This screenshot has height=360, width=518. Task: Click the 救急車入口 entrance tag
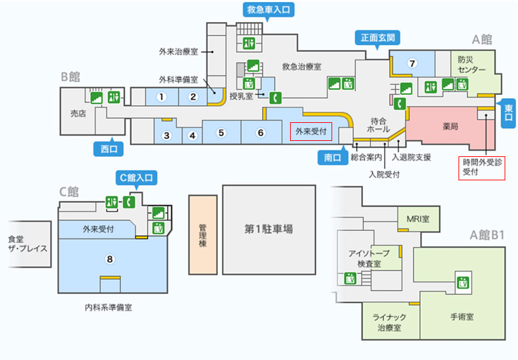pyautogui.click(x=269, y=9)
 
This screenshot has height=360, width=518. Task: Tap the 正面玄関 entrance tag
pyautogui.click(x=378, y=38)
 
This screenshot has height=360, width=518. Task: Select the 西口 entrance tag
pyautogui.click(x=109, y=148)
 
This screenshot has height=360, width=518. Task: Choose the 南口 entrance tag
pyautogui.click(x=333, y=157)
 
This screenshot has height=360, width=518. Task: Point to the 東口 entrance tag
pyautogui.click(x=509, y=113)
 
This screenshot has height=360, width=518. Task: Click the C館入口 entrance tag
pyautogui.click(x=136, y=178)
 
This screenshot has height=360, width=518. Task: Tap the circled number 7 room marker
pyautogui.click(x=412, y=63)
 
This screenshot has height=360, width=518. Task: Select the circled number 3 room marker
pyautogui.click(x=166, y=136)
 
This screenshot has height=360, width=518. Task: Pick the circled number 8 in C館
pyautogui.click(x=110, y=259)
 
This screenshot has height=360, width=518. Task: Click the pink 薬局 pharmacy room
pyautogui.click(x=450, y=126)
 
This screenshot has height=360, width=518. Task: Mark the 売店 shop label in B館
pyautogui.click(x=78, y=114)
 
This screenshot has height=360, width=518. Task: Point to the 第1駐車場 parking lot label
pyautogui.click(x=269, y=229)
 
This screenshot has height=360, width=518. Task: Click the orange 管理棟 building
pyautogui.click(x=203, y=234)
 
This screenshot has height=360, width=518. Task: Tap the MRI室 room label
pyautogui.click(x=418, y=219)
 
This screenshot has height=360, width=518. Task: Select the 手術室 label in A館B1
pyautogui.click(x=462, y=317)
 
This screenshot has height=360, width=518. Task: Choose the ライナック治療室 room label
pyautogui.click(x=389, y=323)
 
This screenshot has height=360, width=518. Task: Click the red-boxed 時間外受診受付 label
pyautogui.click(x=482, y=168)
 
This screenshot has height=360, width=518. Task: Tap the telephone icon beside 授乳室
pyautogui.click(x=275, y=98)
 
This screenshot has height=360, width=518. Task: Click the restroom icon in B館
pyautogui.click(x=114, y=98)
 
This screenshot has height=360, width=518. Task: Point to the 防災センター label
pyautogui.click(x=471, y=65)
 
